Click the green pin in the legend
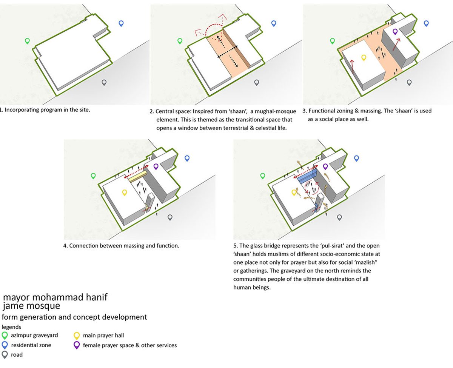click(x=5, y=335)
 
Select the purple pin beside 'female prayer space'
click(x=77, y=345)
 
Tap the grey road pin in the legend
click(x=5, y=355)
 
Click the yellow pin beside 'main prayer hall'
click(x=77, y=336)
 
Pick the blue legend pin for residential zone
click(x=5, y=345)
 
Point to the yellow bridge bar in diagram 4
click(x=138, y=177)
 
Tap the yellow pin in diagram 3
click(x=364, y=58)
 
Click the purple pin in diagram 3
click(x=395, y=32)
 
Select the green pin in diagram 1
click(x=27, y=41)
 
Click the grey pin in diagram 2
click(x=257, y=82)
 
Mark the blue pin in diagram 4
click(x=187, y=158)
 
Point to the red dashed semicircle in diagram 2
click(x=214, y=25)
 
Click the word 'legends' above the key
click(x=11, y=327)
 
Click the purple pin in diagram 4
click(x=156, y=166)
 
